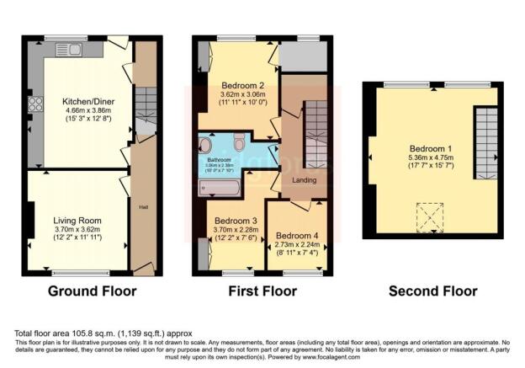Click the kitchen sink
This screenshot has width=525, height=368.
click(68, 50)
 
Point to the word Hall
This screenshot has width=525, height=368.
click(141, 204)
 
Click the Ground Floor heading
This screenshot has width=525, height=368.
click(87, 291)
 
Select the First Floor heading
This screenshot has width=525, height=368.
click(262, 291)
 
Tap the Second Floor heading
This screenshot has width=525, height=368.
click(432, 291)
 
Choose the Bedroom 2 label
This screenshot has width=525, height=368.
click(243, 86)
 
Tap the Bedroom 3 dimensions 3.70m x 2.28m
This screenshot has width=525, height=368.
click(230, 228)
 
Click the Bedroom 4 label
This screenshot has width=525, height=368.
click(297, 236)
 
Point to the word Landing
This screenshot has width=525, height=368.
click(304, 180)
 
